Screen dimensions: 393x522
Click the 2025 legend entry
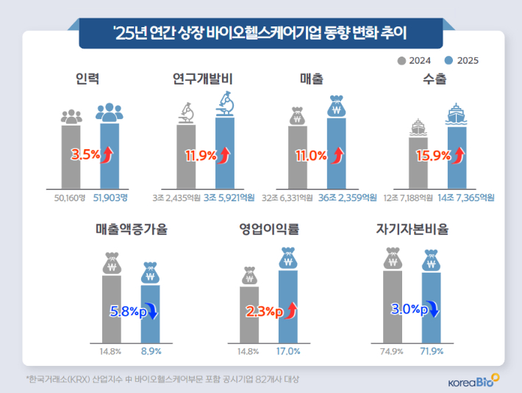click(462, 61)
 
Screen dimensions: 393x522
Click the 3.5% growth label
click(85, 155)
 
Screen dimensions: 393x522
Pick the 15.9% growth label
click(432, 155)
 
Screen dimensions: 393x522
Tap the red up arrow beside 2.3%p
click(290, 311)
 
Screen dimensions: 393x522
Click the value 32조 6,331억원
click(294, 197)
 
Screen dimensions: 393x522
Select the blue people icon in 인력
click(109, 112)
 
